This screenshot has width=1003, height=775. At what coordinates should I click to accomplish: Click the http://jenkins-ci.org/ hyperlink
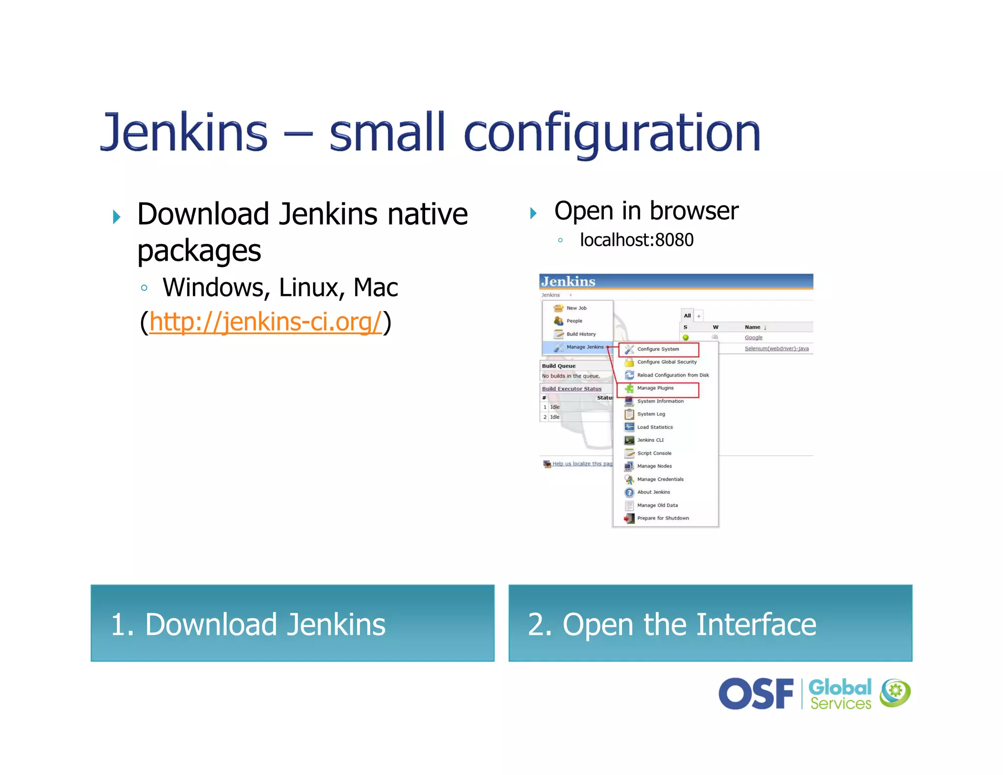[x=265, y=322]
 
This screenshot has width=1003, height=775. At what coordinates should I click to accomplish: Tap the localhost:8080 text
[x=636, y=240]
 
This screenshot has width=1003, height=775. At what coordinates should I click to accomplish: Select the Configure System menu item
[x=658, y=349]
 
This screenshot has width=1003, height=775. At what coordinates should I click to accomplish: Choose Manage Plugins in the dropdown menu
[x=655, y=388]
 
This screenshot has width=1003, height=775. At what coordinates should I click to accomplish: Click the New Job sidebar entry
[x=576, y=308]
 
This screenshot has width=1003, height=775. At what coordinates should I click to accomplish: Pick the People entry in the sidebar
[x=574, y=321]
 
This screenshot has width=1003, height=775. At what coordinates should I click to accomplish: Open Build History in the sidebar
[x=581, y=334]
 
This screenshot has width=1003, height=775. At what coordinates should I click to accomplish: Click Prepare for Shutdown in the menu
[x=663, y=518]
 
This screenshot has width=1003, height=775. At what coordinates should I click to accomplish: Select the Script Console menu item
[x=654, y=453]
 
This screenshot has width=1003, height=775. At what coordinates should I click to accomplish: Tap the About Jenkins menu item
[x=653, y=492]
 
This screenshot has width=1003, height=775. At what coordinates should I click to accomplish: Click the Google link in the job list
[x=753, y=338]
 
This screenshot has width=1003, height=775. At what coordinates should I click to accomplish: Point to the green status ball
[x=686, y=338]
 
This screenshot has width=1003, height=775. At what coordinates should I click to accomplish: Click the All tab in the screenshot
[x=687, y=315]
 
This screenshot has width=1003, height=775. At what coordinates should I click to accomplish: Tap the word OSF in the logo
[x=756, y=694]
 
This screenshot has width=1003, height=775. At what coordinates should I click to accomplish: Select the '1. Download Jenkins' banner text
[x=248, y=625]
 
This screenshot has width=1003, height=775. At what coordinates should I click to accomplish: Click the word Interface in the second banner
[x=756, y=625]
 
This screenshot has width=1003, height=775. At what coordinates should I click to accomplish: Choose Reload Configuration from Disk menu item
[x=672, y=375]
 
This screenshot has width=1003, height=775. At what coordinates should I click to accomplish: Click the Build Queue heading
[x=559, y=366]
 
